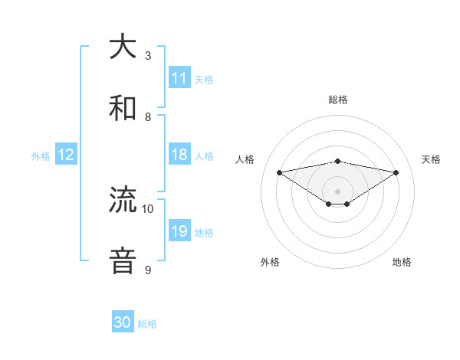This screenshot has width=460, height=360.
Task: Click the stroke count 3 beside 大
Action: [x=148, y=55]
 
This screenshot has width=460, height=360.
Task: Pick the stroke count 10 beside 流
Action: [x=148, y=208]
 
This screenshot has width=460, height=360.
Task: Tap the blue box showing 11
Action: [x=179, y=78]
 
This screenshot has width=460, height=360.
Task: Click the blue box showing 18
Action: [x=179, y=155]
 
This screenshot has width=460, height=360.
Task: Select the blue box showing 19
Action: [x=179, y=231]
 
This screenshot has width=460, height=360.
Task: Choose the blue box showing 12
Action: [x=66, y=155]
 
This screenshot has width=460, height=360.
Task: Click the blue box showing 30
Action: [x=123, y=322]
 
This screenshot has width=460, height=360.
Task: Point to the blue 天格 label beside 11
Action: [x=204, y=79]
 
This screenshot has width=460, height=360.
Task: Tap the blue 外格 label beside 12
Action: [x=41, y=155]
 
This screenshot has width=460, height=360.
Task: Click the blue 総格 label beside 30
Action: [x=147, y=323]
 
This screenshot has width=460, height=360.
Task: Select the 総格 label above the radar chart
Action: [x=338, y=100]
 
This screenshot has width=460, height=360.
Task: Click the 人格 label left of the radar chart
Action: [x=245, y=159]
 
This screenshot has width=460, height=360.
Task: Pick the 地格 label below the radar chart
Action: [x=402, y=262]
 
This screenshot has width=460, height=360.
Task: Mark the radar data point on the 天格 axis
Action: [x=396, y=172]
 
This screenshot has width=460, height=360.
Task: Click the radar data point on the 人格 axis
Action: [x=279, y=172]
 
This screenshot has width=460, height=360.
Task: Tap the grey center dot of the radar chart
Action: [x=338, y=191]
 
